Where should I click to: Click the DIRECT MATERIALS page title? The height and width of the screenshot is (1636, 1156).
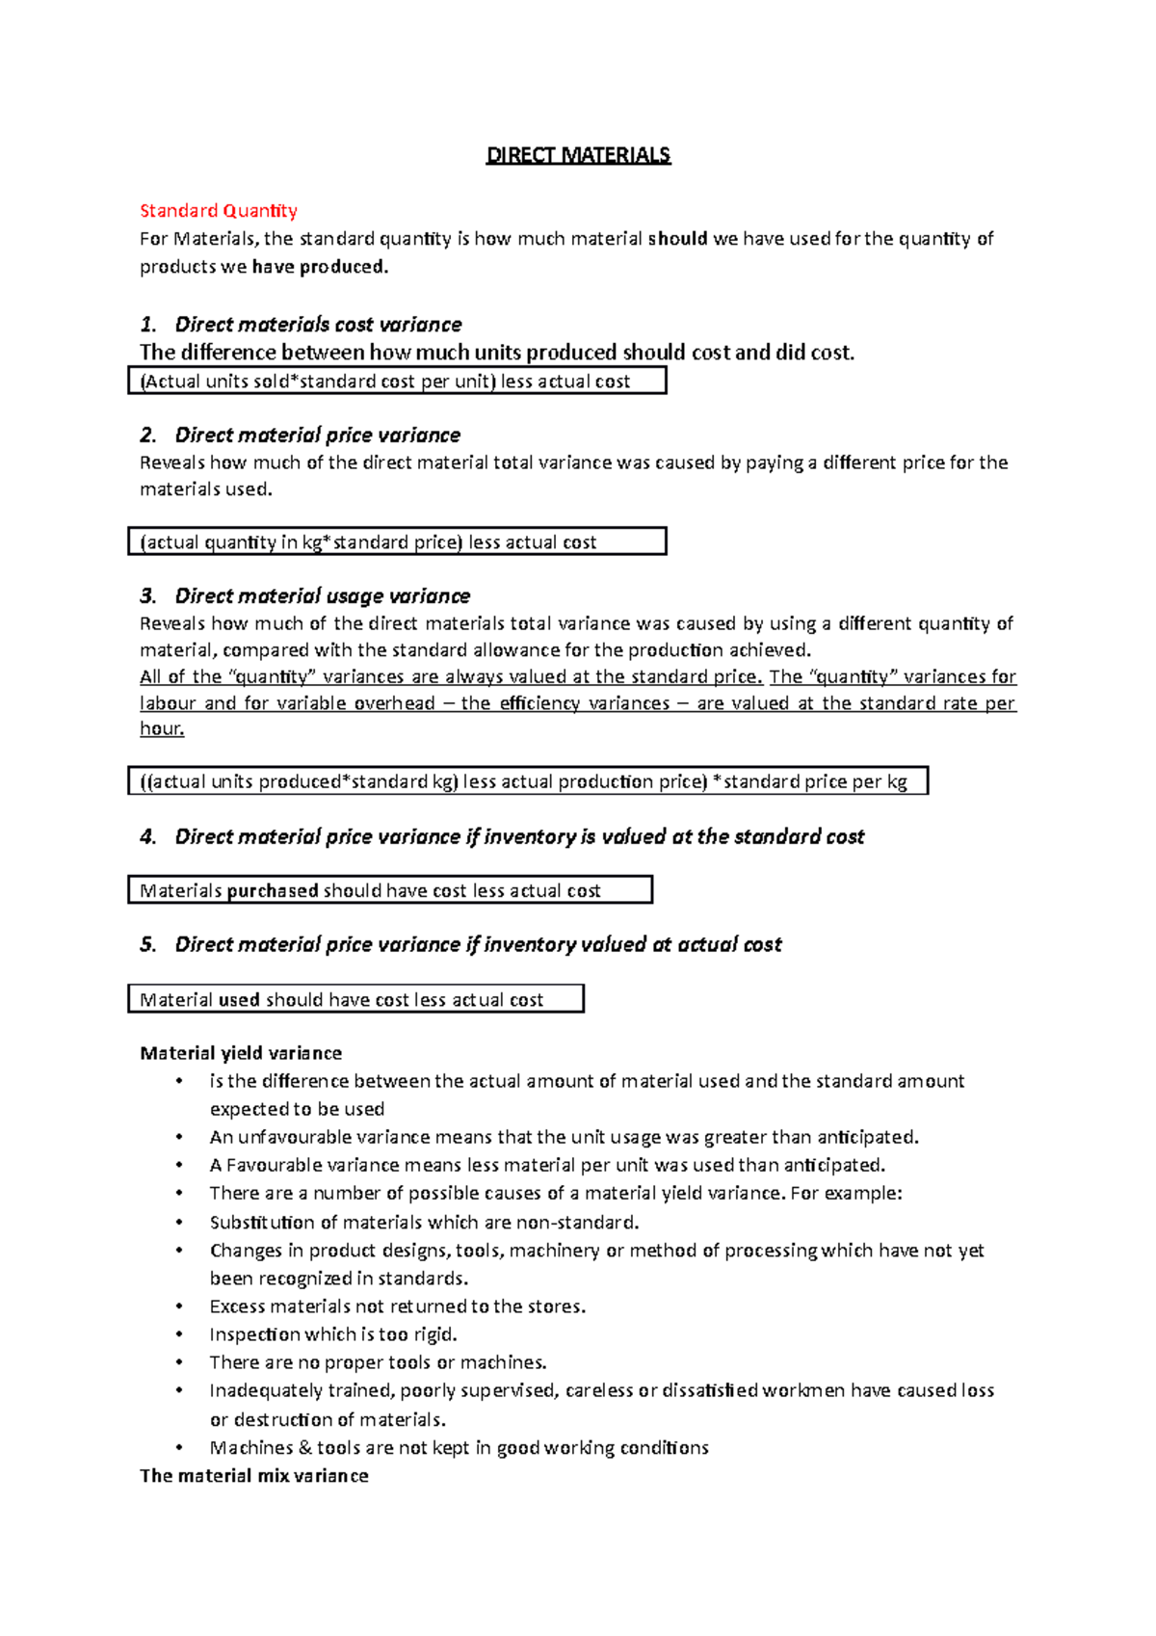coord(578,155)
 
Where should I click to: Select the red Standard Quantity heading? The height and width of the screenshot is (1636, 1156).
coord(219,211)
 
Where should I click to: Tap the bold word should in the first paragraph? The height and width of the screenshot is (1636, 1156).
coord(678,239)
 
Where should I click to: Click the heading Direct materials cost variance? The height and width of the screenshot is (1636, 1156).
coord(318,325)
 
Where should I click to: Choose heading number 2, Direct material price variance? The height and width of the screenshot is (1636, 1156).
coord(318,435)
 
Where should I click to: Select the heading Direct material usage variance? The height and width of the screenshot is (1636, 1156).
coord(322,596)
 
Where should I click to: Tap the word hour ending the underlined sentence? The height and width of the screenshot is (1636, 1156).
coord(161,729)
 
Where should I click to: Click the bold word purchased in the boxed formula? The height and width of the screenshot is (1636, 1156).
coord(273,891)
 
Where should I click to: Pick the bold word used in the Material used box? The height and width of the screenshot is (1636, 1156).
coord(239,1000)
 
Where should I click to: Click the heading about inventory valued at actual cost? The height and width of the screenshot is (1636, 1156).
coord(478,945)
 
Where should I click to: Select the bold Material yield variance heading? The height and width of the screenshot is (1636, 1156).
coord(241,1053)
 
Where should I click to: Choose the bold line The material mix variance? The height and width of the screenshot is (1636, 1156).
coord(254,1476)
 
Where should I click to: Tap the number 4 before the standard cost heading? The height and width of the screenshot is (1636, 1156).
coord(147,837)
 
